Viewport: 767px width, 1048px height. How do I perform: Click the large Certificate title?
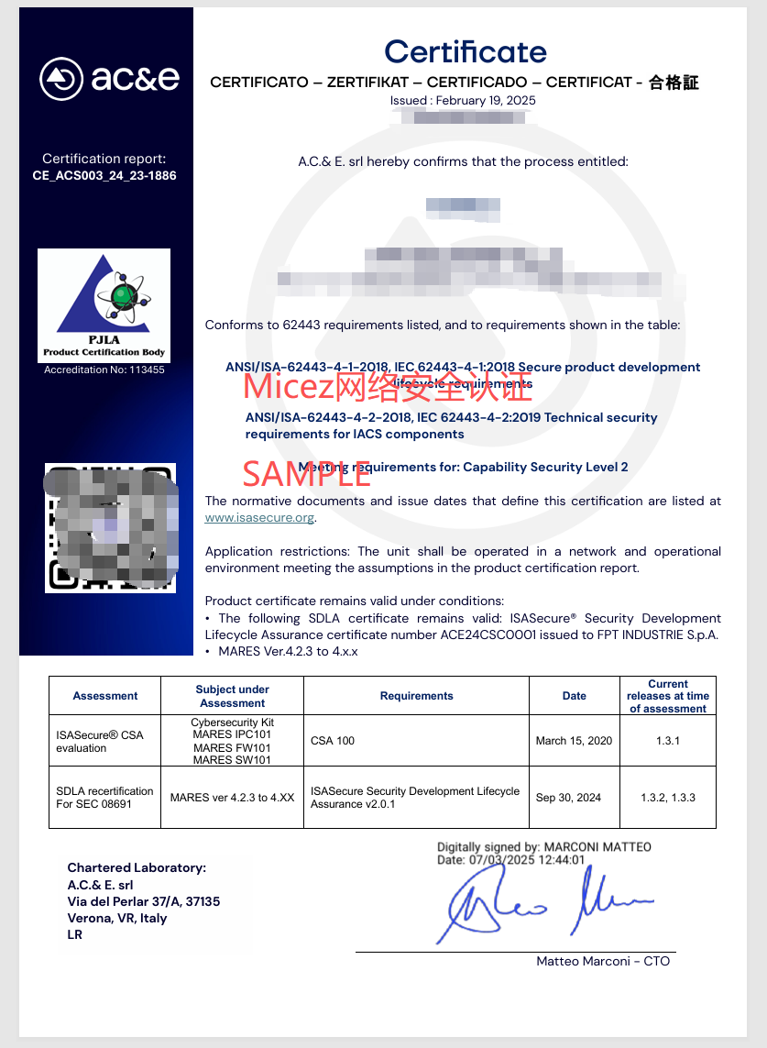(465, 51)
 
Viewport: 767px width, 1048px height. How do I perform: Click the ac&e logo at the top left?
(109, 78)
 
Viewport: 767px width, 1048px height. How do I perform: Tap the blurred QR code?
(110, 527)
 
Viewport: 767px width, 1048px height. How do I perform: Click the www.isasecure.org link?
(259, 518)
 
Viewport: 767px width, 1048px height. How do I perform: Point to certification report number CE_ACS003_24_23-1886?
(104, 175)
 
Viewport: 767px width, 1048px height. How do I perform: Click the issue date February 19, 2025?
(486, 101)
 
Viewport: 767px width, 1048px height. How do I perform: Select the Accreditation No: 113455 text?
(104, 370)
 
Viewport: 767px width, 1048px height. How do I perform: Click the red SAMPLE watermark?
(306, 473)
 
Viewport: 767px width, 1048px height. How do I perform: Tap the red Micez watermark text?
(387, 387)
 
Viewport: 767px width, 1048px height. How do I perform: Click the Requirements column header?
(416, 696)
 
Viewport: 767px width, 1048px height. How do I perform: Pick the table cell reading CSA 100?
(333, 741)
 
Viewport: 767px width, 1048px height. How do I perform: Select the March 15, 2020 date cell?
(574, 741)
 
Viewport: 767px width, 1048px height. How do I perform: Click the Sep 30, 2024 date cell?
(568, 798)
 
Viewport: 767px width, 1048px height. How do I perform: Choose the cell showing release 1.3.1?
(668, 741)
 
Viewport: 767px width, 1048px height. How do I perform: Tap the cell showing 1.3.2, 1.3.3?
(668, 798)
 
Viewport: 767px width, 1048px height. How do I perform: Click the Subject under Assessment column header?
(232, 696)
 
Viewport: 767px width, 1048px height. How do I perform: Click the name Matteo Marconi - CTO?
(603, 961)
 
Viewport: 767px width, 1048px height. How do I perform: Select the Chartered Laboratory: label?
(137, 867)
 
